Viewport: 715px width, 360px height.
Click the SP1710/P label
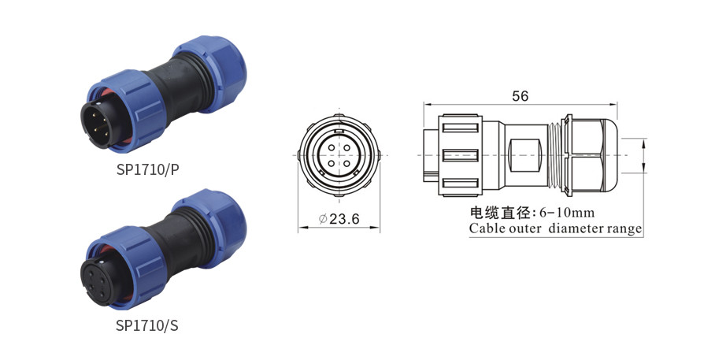click(x=148, y=169)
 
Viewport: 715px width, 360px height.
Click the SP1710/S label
click(x=146, y=325)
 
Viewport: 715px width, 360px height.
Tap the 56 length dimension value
click(x=521, y=96)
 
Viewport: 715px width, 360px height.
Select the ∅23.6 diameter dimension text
click(x=339, y=219)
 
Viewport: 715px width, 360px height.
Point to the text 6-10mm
click(x=567, y=213)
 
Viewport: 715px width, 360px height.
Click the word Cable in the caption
click(x=487, y=228)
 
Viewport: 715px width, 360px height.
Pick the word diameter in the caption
click(x=575, y=228)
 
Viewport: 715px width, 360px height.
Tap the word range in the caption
click(x=624, y=229)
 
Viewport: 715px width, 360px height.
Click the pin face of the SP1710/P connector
click(x=101, y=124)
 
